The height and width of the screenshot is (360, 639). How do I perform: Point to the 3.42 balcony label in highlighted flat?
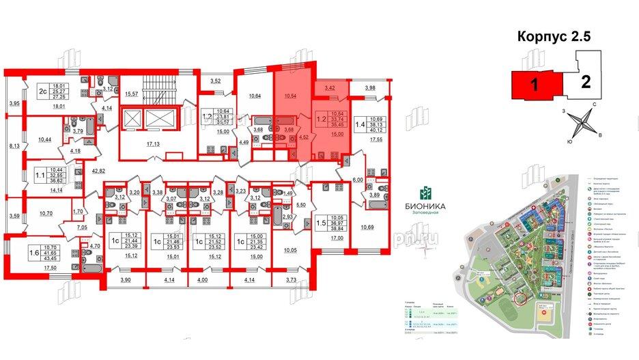330,88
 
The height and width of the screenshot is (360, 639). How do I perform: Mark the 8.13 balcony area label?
13,147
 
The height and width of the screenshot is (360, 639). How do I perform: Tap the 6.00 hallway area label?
357,179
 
